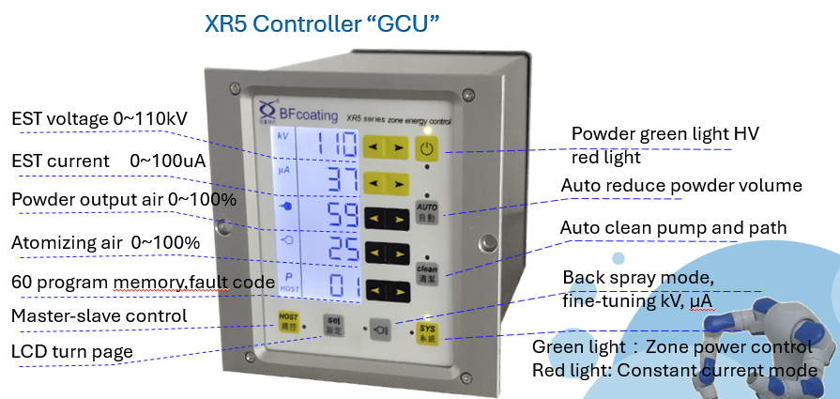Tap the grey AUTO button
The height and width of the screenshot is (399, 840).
(426, 211)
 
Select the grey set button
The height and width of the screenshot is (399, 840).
(334, 326)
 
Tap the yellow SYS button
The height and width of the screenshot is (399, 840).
(427, 332)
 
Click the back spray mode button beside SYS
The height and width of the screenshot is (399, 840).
(380, 330)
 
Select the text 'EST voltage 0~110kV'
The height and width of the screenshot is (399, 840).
(99, 119)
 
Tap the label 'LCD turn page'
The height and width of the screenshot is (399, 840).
(71, 351)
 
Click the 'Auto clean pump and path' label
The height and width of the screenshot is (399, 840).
(672, 228)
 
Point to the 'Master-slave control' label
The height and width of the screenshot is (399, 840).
(99, 316)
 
